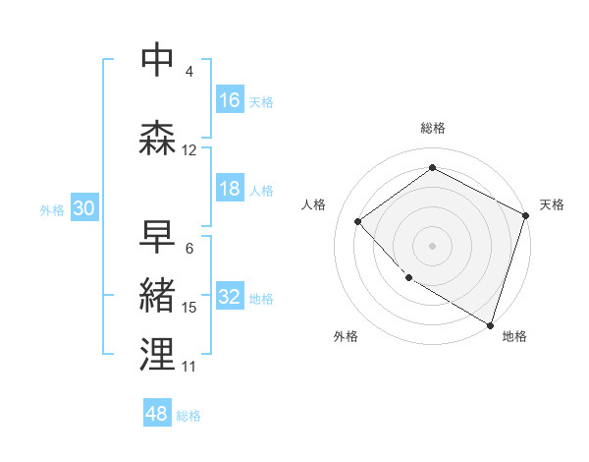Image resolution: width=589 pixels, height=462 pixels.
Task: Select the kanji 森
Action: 157,138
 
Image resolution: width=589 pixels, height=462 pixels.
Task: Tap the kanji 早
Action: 157,236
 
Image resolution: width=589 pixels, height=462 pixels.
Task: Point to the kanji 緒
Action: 157,296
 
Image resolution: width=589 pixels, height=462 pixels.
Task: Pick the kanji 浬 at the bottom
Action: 157,354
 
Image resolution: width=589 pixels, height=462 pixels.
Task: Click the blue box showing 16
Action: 230,99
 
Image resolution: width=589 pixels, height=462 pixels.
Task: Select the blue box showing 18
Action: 230,190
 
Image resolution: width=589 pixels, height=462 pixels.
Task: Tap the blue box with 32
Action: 230,297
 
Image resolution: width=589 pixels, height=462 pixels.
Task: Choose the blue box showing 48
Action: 157,414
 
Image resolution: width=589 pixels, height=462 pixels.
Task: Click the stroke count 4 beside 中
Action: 188,71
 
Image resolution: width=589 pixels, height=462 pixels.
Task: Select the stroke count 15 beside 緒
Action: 189,308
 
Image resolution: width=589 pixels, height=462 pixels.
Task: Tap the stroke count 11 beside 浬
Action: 188,367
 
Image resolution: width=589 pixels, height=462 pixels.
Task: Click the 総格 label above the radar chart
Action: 433,128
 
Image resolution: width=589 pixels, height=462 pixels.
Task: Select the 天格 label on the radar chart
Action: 552,204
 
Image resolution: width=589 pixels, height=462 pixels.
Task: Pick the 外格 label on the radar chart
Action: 346,336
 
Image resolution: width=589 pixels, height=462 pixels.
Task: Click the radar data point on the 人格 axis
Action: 358,221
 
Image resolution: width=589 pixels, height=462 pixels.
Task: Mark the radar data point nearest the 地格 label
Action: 490,323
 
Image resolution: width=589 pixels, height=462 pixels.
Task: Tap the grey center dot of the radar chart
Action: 433,245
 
